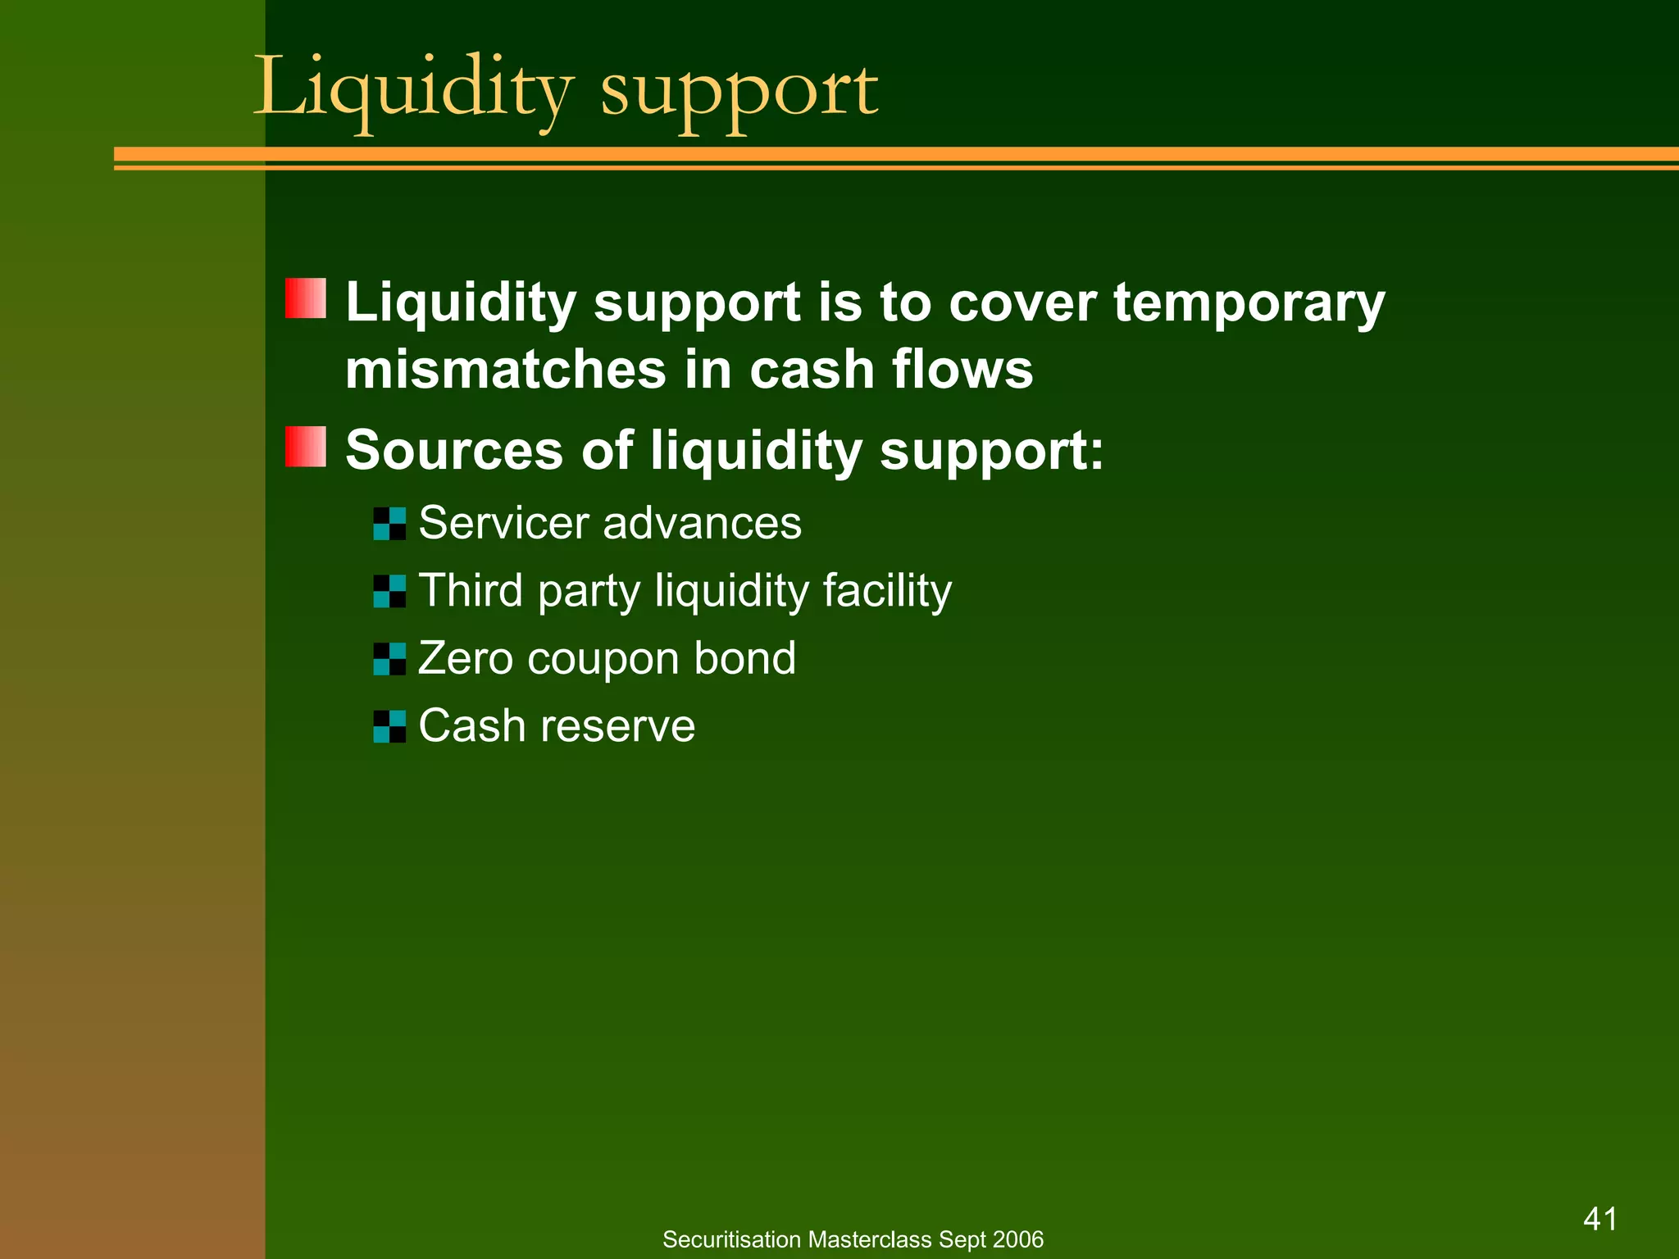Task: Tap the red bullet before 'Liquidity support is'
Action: pyautogui.click(x=306, y=298)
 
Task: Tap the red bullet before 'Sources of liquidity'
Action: pyautogui.click(x=306, y=447)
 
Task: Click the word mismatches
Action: pyautogui.click(x=505, y=370)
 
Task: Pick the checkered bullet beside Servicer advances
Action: pyautogui.click(x=389, y=524)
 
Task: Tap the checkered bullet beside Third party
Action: pyautogui.click(x=389, y=591)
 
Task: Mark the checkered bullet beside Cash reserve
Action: pyautogui.click(x=389, y=726)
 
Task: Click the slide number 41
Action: pyautogui.click(x=1599, y=1219)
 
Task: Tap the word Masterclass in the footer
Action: pyautogui.click(x=870, y=1239)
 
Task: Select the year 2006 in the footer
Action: pyautogui.click(x=1020, y=1239)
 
